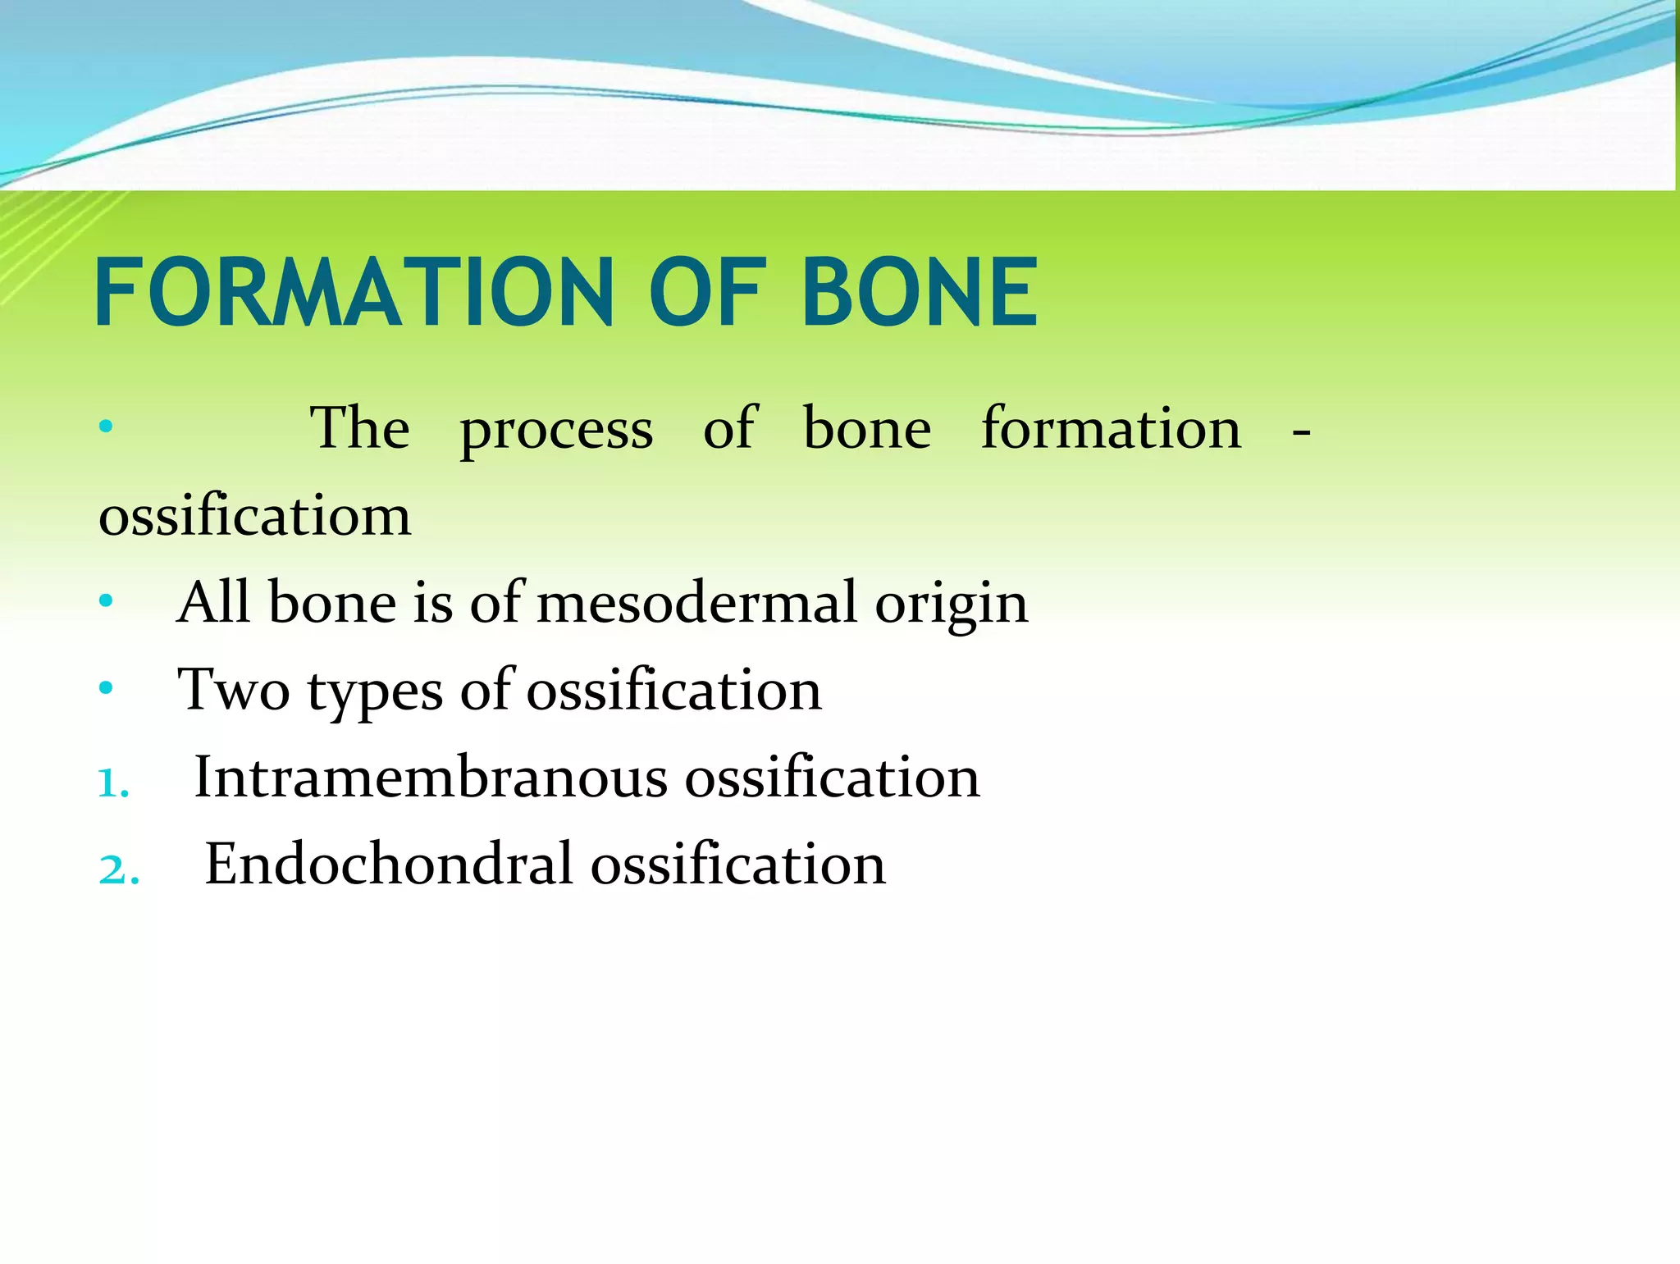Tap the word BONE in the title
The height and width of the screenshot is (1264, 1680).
pyautogui.click(x=919, y=292)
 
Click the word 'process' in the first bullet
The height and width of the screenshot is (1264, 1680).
pyautogui.click(x=556, y=430)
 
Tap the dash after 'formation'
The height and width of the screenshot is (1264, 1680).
pyautogui.click(x=1300, y=432)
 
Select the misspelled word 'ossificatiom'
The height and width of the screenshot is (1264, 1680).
pyautogui.click(x=254, y=517)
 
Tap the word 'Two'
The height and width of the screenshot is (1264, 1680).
pyautogui.click(x=234, y=691)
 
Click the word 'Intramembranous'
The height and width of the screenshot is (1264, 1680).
pyautogui.click(x=431, y=778)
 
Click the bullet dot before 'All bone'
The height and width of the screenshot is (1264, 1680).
pyautogui.click(x=105, y=602)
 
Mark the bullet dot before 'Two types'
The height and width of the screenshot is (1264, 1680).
pyautogui.click(x=105, y=689)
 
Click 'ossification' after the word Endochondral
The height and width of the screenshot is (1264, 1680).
pyautogui.click(x=738, y=865)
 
